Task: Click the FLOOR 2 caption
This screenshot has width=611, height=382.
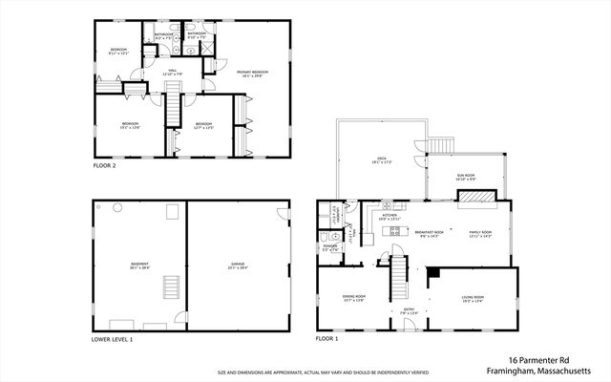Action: coord(104,166)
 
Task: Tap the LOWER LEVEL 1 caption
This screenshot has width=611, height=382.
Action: coord(113,339)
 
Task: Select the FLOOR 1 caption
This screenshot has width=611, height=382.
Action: coord(329,339)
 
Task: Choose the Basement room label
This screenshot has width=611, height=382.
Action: coord(139,266)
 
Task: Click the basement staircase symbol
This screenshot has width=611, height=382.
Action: coord(172,287)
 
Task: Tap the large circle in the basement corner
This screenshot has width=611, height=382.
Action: coord(117,207)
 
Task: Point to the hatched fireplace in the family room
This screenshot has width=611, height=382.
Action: coord(476,198)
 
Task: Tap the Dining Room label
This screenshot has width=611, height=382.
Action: coord(354,299)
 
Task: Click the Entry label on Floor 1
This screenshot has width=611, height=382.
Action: coord(409,309)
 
